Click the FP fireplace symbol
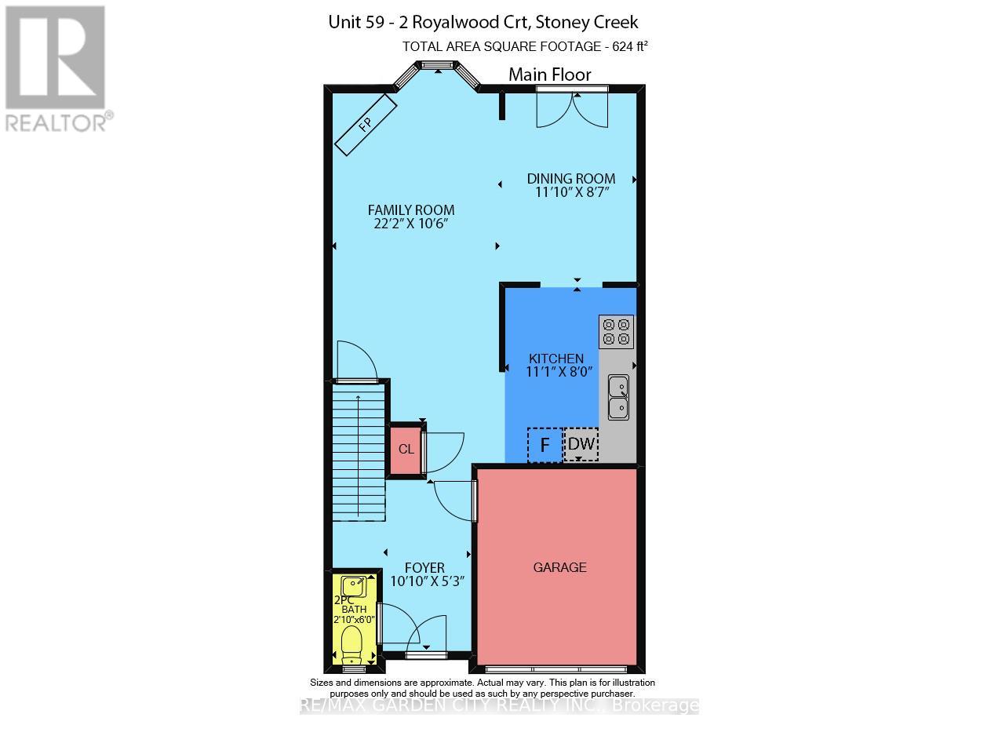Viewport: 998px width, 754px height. [x=366, y=125]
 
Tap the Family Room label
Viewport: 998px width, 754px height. [x=411, y=209]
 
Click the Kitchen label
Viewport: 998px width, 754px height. [x=555, y=359]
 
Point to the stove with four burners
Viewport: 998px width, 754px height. [x=616, y=331]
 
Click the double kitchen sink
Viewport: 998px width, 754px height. [x=618, y=397]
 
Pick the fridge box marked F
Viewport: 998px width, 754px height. [x=545, y=445]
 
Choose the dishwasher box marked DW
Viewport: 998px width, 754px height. [x=581, y=445]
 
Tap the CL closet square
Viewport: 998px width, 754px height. [x=406, y=450]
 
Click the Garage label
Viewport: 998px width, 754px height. [x=559, y=567]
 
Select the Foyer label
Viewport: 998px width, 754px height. [x=424, y=567]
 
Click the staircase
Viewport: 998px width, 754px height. [x=359, y=451]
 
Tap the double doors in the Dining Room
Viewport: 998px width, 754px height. [x=571, y=107]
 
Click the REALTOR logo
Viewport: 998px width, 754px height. [x=56, y=67]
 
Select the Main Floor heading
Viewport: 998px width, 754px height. [x=549, y=75]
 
